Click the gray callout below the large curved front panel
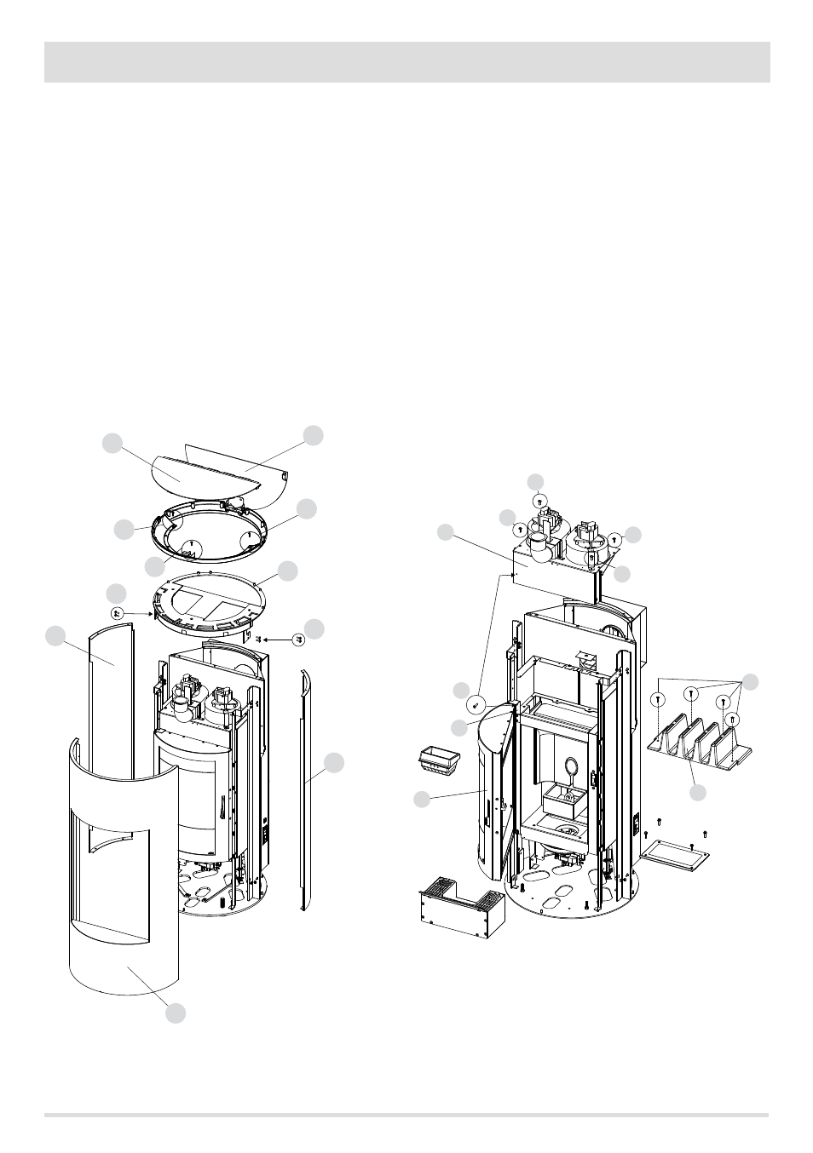(176, 1013)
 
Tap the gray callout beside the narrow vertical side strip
(335, 763)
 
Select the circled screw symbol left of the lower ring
(117, 612)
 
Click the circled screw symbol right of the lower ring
(298, 639)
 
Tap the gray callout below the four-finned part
(698, 793)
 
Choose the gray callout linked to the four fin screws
(751, 681)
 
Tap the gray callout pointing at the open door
(421, 799)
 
